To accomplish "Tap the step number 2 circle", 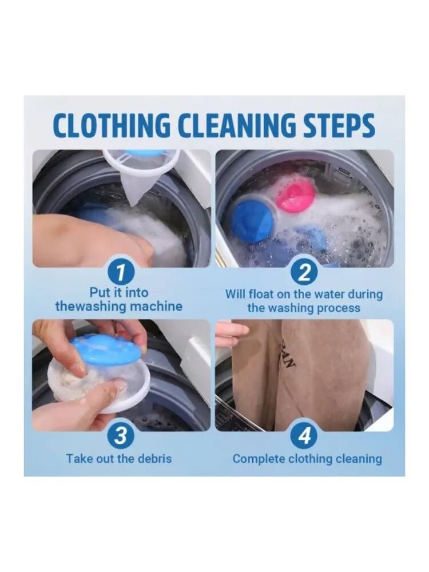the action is [x=304, y=272].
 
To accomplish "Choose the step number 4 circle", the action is [x=304, y=436].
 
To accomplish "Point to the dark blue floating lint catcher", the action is [x=253, y=220].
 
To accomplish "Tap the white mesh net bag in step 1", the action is [x=141, y=172].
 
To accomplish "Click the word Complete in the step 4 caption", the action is [x=259, y=459].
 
